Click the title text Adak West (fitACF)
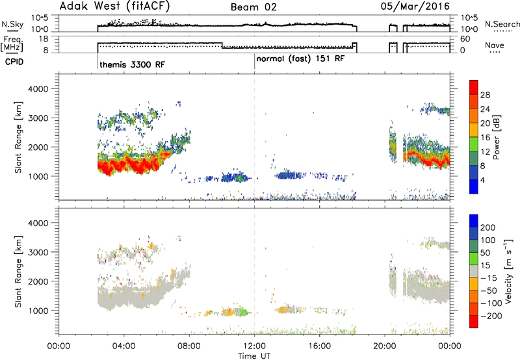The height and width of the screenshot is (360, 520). [x=114, y=6]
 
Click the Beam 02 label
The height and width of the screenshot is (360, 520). [x=253, y=7]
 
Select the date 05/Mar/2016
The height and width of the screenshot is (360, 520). [x=415, y=6]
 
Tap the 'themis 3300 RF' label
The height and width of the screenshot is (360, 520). [x=132, y=64]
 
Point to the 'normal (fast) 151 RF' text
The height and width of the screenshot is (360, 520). [x=300, y=58]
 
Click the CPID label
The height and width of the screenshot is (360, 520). [x=14, y=62]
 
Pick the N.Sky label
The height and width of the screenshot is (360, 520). [x=12, y=24]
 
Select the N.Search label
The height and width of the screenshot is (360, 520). [x=502, y=24]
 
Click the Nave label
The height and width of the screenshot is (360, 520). [x=495, y=45]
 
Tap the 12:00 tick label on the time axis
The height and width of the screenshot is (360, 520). [x=254, y=346]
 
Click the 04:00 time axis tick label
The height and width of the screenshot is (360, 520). [x=124, y=346]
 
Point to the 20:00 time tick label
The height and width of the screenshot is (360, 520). [x=385, y=346]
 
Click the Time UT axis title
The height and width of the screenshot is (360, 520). [x=254, y=355]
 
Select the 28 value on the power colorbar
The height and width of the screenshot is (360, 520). [x=485, y=95]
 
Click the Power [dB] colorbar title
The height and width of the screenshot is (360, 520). [x=497, y=137]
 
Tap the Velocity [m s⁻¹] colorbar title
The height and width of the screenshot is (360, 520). [x=508, y=271]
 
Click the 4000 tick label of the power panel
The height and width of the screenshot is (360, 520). [x=38, y=89]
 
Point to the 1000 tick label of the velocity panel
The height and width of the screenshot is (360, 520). [x=38, y=311]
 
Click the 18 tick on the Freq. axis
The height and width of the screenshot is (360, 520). [x=44, y=39]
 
